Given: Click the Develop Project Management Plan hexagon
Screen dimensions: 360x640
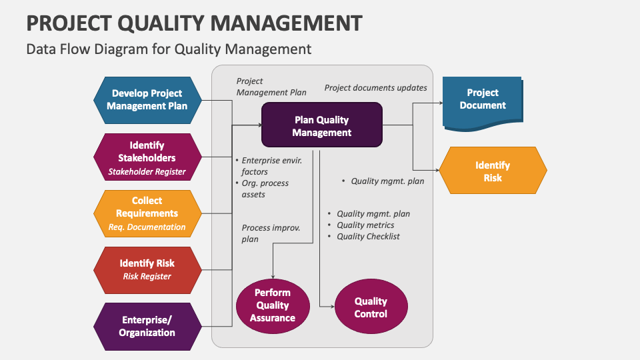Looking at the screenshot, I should (x=147, y=100).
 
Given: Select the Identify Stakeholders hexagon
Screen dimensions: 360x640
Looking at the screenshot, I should (x=147, y=157).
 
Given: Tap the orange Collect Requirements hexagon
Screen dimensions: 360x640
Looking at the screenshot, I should (x=147, y=213).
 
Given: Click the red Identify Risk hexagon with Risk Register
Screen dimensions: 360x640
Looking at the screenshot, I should (x=147, y=269).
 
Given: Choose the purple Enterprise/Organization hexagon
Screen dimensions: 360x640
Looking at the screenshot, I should (x=147, y=326).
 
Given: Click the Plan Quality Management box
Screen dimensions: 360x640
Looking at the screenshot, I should (x=322, y=125).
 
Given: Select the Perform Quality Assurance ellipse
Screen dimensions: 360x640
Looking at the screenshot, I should (x=273, y=306).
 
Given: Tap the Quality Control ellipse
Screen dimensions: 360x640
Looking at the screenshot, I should (x=371, y=307).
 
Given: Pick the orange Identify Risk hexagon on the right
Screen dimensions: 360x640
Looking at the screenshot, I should (x=492, y=171).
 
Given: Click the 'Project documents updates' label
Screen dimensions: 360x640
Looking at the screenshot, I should (x=375, y=88).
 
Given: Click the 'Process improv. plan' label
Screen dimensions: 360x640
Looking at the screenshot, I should (x=270, y=233).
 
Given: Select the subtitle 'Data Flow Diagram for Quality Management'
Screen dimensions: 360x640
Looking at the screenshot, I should (x=169, y=49).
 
